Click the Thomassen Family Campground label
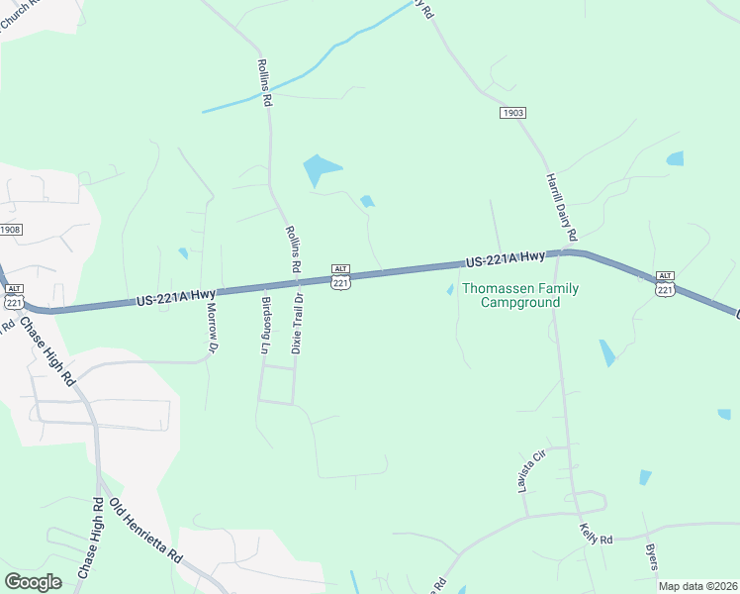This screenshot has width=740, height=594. click(x=521, y=295)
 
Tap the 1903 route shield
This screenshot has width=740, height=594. click(x=511, y=114)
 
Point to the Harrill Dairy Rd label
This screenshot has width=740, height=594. click(x=560, y=207)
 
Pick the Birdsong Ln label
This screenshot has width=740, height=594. click(x=264, y=324)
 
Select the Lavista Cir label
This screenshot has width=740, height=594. click(x=538, y=469)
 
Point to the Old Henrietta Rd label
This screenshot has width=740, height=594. click(x=146, y=532)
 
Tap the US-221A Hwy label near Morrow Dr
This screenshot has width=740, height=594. click(x=176, y=296)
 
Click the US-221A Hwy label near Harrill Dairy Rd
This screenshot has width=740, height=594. click(x=505, y=259)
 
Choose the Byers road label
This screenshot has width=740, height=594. click(x=651, y=556)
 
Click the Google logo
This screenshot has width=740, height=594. click(x=33, y=581)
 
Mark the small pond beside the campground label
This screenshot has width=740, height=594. click(x=450, y=290)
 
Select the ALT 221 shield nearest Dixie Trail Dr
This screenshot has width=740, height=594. click(x=340, y=277)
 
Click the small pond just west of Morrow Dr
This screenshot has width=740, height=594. click(x=183, y=253)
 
